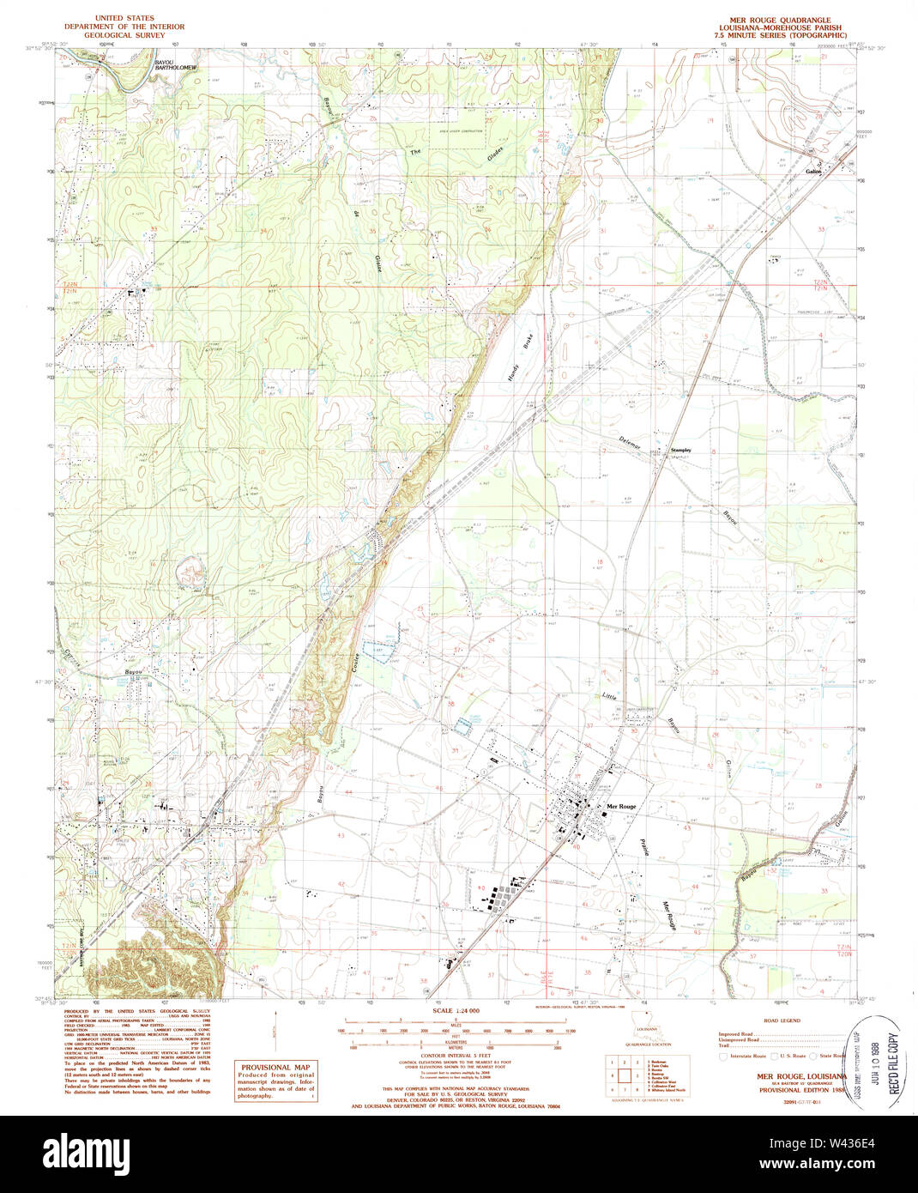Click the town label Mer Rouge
click(621, 807)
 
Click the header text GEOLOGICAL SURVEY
click(124, 36)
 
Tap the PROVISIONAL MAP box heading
click(276, 1068)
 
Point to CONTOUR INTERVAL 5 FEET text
click(456, 1056)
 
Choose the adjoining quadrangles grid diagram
click(623, 1073)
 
